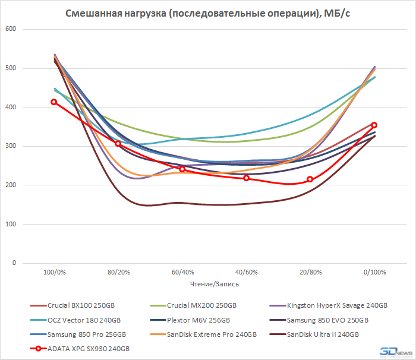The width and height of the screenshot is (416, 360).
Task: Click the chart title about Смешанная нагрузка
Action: click(207, 14)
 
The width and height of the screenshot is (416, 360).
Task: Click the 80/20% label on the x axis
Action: click(118, 273)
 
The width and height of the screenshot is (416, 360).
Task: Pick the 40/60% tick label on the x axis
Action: click(246, 273)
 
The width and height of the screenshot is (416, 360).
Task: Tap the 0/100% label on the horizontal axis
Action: click(374, 273)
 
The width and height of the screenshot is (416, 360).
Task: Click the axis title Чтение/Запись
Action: click(214, 284)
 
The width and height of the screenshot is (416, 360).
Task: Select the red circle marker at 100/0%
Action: click(54, 102)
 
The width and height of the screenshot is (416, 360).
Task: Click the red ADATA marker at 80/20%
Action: click(118, 144)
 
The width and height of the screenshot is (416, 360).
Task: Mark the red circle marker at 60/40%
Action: click(182, 169)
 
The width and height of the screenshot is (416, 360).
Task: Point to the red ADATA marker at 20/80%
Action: click(310, 179)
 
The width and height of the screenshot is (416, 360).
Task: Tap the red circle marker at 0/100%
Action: click(374, 125)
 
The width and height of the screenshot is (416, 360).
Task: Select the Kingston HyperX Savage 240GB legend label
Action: click(336, 305)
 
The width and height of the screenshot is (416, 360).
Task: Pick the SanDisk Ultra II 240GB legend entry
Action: click(323, 334)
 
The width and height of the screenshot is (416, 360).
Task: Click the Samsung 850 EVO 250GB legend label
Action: click(327, 320)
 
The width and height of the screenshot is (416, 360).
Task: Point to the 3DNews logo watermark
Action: click(395, 350)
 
